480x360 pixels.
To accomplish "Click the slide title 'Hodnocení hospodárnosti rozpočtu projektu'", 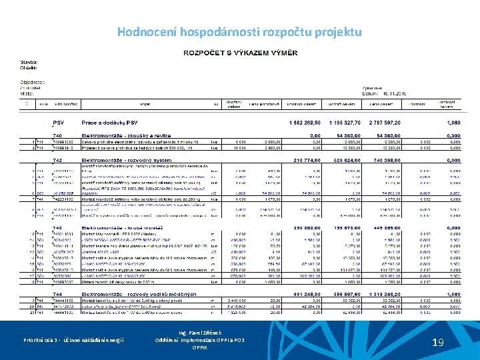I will (239, 32).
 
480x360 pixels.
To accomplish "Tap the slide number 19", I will (437, 343).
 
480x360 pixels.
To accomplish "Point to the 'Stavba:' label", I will (28, 62).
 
